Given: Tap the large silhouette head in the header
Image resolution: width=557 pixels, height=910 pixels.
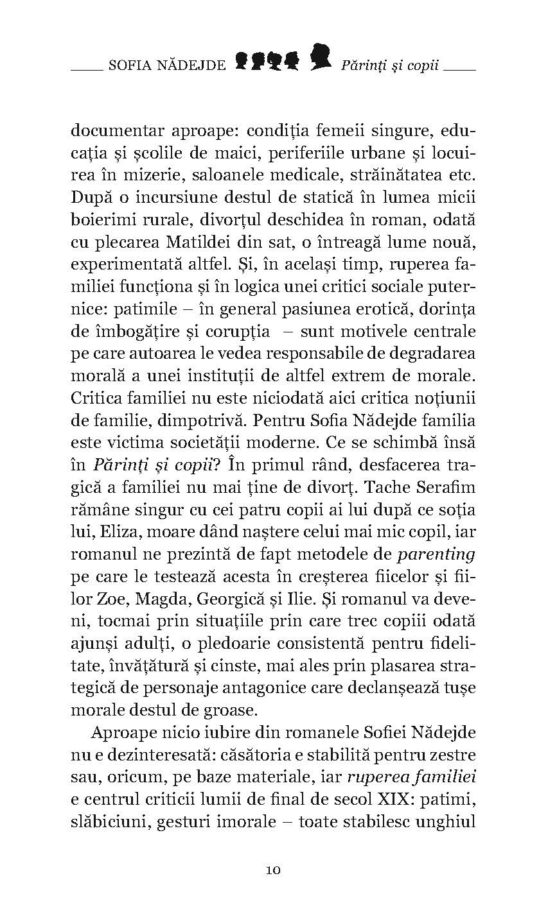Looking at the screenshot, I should coord(321,58).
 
